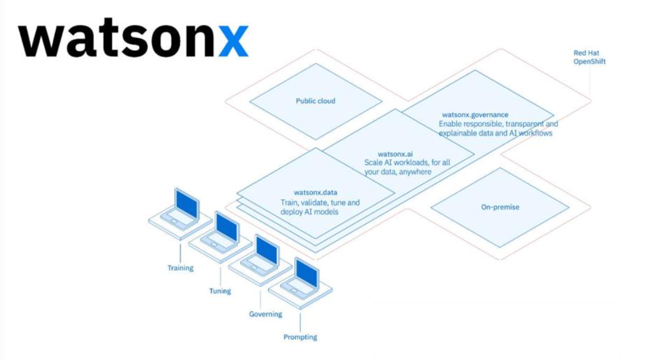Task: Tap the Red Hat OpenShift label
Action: point(589,57)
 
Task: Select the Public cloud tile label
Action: point(315,101)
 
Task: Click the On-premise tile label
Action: point(500,207)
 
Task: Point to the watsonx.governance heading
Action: point(475,115)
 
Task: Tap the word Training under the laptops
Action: point(181,268)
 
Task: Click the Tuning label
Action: point(220,291)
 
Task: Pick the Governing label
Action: point(266,314)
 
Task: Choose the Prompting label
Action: point(300,337)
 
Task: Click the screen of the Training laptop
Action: point(185,203)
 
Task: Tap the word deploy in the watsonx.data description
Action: point(292,211)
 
